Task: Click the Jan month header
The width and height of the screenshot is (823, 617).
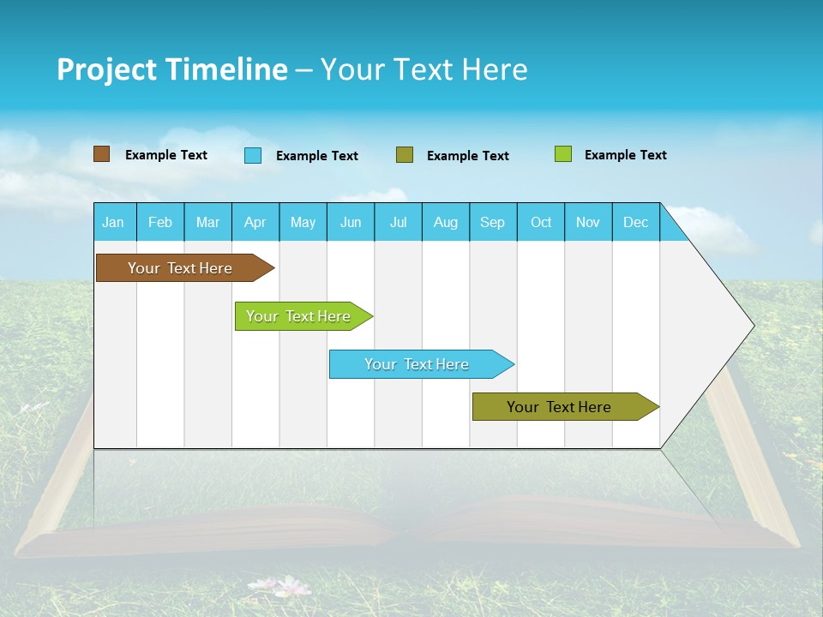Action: pyautogui.click(x=113, y=222)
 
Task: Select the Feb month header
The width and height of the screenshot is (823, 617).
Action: pyautogui.click(x=160, y=222)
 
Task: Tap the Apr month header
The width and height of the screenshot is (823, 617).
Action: pyautogui.click(x=255, y=222)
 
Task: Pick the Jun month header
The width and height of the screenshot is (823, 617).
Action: pyautogui.click(x=351, y=222)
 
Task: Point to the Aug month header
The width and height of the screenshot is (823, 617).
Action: pyautogui.click(x=445, y=222)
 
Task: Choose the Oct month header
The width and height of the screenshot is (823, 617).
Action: pyautogui.click(x=541, y=222)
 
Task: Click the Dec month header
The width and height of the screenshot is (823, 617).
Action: pyautogui.click(x=635, y=222)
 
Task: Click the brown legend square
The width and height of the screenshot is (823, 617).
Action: pyautogui.click(x=101, y=154)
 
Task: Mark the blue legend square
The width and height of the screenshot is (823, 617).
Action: pyautogui.click(x=253, y=155)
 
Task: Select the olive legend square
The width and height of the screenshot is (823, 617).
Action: pyautogui.click(x=405, y=155)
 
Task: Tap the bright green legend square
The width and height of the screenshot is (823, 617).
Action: pyautogui.click(x=562, y=154)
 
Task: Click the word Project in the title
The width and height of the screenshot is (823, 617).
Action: pyautogui.click(x=107, y=69)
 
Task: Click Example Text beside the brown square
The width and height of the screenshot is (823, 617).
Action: pyautogui.click(x=166, y=155)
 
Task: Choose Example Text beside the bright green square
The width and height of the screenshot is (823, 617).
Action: pyautogui.click(x=626, y=155)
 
